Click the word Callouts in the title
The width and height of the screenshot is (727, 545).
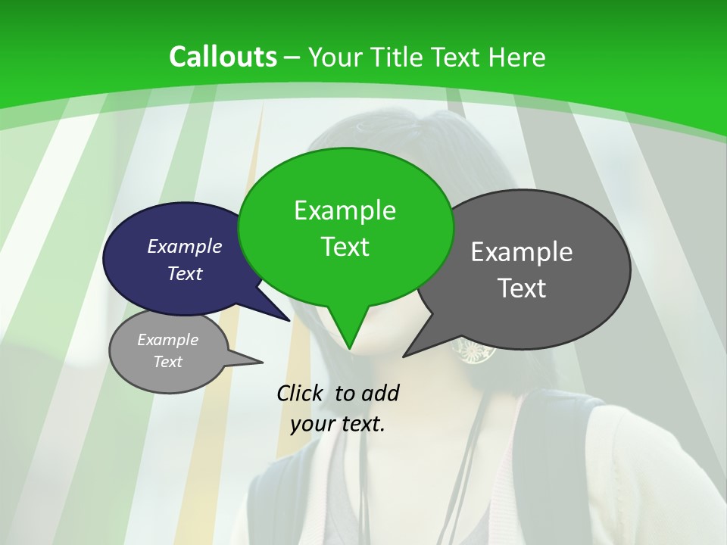[223, 57]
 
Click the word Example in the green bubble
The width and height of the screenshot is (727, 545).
[345, 210]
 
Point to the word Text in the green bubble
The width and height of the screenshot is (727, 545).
[345, 247]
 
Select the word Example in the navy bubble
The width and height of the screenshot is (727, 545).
[185, 246]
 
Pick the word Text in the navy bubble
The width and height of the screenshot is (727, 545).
[185, 273]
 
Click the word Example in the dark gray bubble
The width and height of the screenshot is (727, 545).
[522, 252]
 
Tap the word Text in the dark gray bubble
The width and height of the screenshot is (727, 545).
[522, 288]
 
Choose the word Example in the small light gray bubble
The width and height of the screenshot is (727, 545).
[168, 340]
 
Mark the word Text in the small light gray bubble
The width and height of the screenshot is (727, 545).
[168, 362]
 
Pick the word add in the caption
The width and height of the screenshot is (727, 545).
[380, 393]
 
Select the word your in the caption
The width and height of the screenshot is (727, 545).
[311, 424]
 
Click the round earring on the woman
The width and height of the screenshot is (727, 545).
[473, 350]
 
